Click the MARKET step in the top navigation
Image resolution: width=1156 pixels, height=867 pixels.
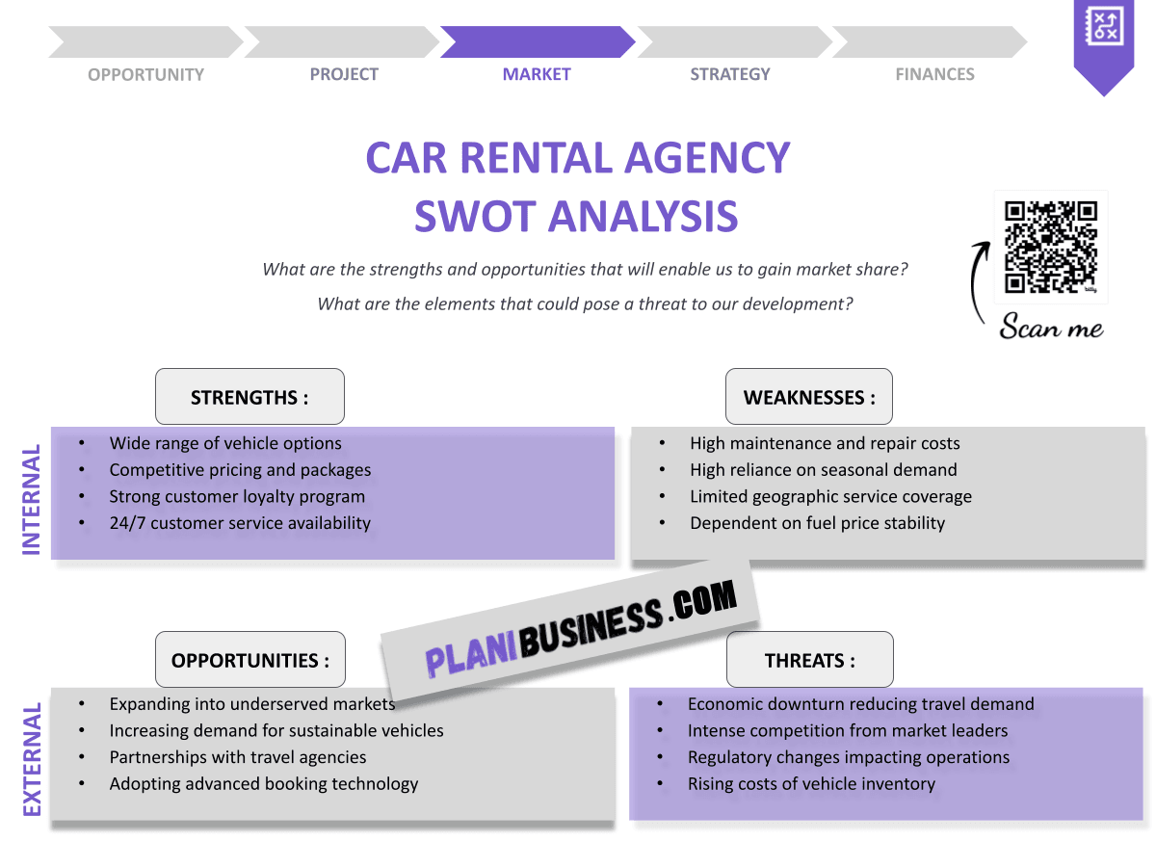pyautogui.click(x=537, y=74)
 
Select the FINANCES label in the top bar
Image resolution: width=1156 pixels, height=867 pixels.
pyautogui.click(x=934, y=74)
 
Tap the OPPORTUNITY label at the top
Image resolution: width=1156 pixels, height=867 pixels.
pyautogui.click(x=145, y=74)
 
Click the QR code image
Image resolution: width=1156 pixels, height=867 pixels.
pyautogui.click(x=1051, y=247)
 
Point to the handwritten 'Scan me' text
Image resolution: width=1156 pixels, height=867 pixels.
pyautogui.click(x=1051, y=328)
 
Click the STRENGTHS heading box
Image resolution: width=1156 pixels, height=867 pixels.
pyautogui.click(x=250, y=397)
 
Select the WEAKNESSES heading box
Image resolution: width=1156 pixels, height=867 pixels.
pyautogui.click(x=809, y=397)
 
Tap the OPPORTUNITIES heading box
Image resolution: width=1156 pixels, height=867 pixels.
pyautogui.click(x=250, y=660)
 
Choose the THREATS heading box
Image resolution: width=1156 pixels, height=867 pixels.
pyautogui.click(x=809, y=660)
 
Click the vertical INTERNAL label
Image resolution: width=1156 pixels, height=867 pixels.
pyautogui.click(x=32, y=499)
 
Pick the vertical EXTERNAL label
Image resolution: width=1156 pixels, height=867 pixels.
pyautogui.click(x=32, y=760)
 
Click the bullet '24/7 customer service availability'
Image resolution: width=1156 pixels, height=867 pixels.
pyautogui.click(x=239, y=523)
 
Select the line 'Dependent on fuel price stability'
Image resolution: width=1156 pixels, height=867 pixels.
pyautogui.click(x=817, y=523)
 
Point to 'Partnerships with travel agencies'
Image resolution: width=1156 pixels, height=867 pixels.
pyautogui.click(x=237, y=757)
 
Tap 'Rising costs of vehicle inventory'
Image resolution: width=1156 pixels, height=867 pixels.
pyautogui.click(x=811, y=783)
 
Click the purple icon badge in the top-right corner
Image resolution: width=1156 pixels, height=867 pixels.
pyautogui.click(x=1103, y=39)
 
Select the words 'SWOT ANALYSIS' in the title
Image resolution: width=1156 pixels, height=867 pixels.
pyautogui.click(x=576, y=216)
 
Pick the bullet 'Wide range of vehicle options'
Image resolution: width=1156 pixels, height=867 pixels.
pyautogui.click(x=225, y=443)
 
